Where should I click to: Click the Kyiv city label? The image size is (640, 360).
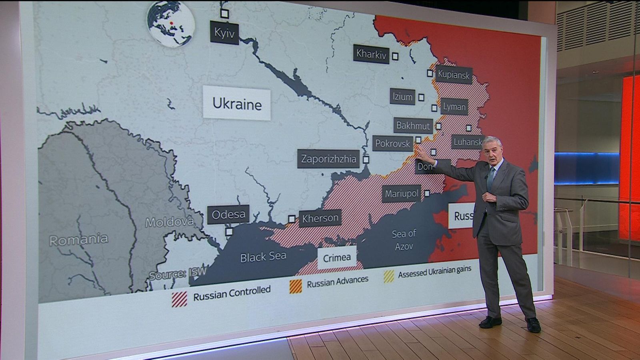tap(224, 32)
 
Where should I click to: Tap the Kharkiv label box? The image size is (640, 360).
tap(371, 54)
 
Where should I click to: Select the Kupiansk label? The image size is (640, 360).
tap(454, 74)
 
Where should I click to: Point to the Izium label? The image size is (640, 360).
tap(402, 96)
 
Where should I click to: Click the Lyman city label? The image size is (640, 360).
tap(454, 107)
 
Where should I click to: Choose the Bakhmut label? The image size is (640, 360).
tap(413, 126)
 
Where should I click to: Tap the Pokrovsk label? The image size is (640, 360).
tap(392, 143)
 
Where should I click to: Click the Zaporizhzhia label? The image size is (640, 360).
tap(328, 159)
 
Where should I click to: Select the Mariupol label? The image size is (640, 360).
tap(402, 194)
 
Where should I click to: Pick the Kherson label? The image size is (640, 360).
tap(320, 218)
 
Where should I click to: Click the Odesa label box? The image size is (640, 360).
tap(228, 215)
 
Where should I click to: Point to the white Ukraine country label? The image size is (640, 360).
tap(237, 104)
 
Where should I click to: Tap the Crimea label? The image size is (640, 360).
tap(337, 258)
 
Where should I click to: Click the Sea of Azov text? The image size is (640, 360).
tap(404, 240)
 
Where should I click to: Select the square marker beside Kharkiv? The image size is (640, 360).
tap(395, 56)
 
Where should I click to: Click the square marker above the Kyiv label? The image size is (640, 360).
tap(224, 14)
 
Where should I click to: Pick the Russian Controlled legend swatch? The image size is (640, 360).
tap(179, 299)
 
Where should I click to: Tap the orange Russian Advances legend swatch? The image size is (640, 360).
tap(296, 286)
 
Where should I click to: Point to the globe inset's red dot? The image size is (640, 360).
tap(172, 23)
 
